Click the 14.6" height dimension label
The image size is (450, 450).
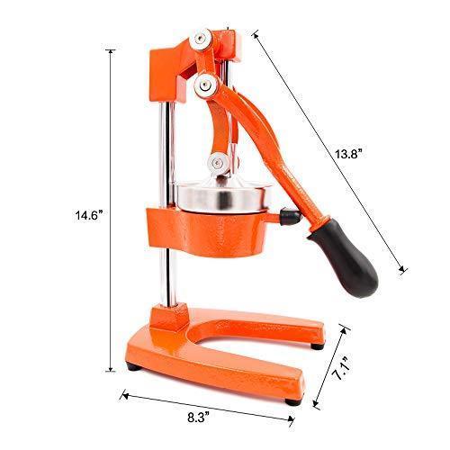pyautogui.click(x=91, y=216)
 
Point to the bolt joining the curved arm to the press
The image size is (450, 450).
pyautogui.click(x=217, y=163)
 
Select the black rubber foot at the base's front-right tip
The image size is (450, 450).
pyautogui.click(x=316, y=343)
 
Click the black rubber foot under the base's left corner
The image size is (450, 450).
pyautogui.click(x=134, y=367)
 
